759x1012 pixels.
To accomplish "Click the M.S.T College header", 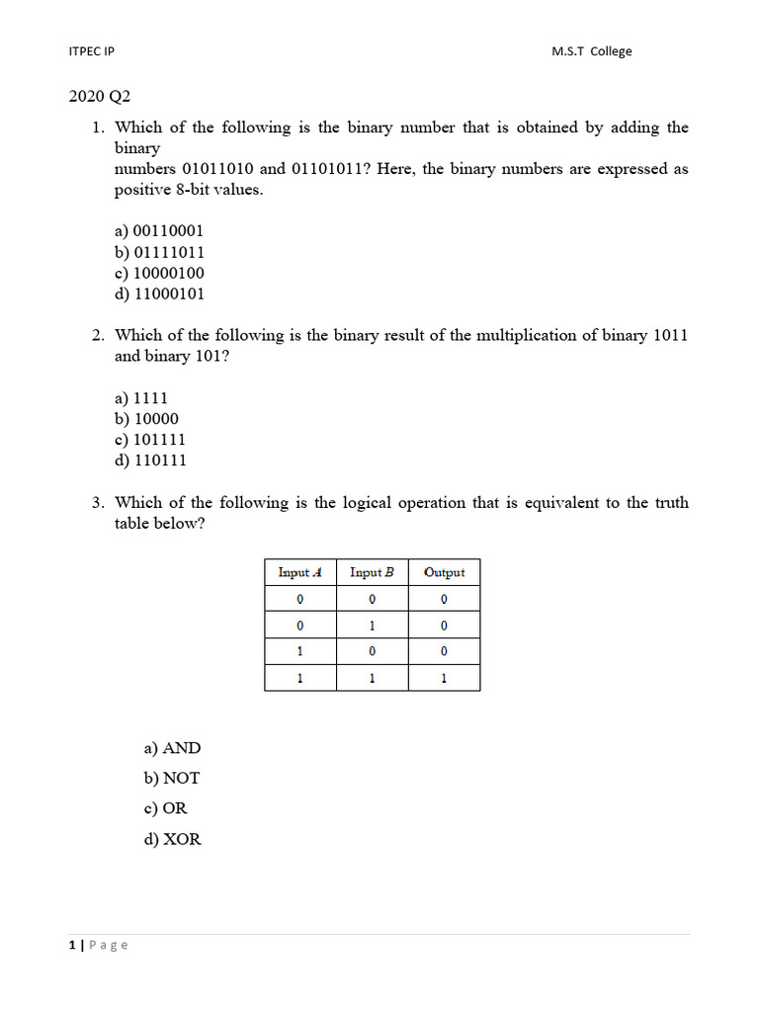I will pyautogui.click(x=591, y=51).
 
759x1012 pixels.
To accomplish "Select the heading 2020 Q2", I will pyautogui.click(x=99, y=97).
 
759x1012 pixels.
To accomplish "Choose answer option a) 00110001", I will pyautogui.click(x=159, y=231).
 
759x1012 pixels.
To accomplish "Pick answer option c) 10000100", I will pyautogui.click(x=159, y=273).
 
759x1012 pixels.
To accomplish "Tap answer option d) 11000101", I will pyautogui.click(x=159, y=294).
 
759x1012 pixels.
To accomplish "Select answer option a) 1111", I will pyautogui.click(x=141, y=398).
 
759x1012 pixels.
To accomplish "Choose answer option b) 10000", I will pyautogui.click(x=146, y=419).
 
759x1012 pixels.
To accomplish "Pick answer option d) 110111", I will pyautogui.click(x=150, y=461).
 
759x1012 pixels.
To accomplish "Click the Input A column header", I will pyautogui.click(x=300, y=572).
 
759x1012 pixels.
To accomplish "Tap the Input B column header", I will pyautogui.click(x=372, y=572).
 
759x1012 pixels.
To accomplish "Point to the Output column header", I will pyautogui.click(x=444, y=572).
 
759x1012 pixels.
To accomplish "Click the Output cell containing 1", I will pyautogui.click(x=444, y=678).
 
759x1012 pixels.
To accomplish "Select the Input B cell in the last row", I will pyautogui.click(x=372, y=678).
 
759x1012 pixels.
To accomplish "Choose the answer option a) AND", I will pyautogui.click(x=172, y=749).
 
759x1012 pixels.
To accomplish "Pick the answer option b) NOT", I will pyautogui.click(x=171, y=779).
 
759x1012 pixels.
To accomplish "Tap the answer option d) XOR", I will pyautogui.click(x=172, y=840).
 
